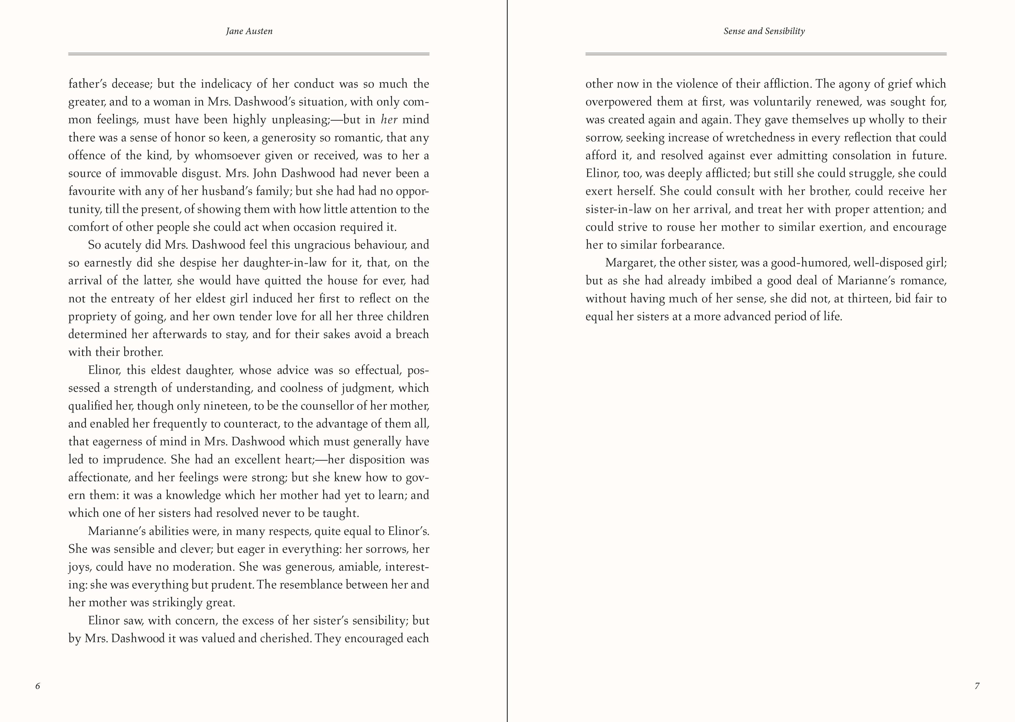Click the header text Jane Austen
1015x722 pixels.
(x=249, y=31)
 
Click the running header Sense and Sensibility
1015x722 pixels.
(x=764, y=31)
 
